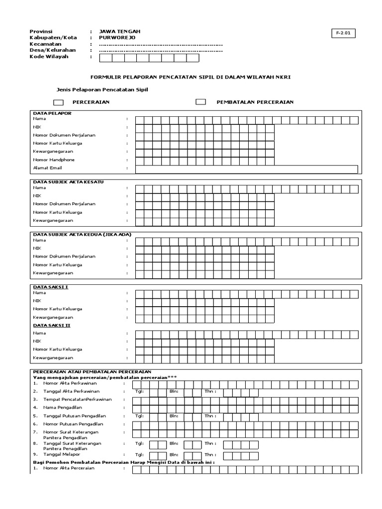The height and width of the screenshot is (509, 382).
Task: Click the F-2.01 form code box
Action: click(343, 33)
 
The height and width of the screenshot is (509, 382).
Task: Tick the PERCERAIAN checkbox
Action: click(58, 102)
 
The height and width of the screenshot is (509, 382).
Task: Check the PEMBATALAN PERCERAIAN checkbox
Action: click(200, 102)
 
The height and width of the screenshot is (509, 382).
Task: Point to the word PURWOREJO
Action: click(117, 37)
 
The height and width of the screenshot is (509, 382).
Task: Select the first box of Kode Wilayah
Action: click(106, 58)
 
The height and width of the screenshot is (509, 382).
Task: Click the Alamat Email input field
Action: click(246, 169)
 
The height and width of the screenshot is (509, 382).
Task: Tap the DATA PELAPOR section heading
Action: click(52, 113)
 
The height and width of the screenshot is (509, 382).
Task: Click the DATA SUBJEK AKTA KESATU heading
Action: click(68, 182)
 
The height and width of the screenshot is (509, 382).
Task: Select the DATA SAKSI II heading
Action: click(51, 325)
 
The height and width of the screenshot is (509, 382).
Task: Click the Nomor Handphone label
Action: click(54, 160)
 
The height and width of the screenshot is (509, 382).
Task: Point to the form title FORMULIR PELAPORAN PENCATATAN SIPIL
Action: click(191, 78)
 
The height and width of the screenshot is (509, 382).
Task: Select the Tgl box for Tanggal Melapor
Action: click(158, 455)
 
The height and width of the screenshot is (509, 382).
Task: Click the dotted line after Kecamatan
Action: click(161, 44)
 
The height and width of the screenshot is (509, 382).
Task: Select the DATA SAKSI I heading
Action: click(50, 287)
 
